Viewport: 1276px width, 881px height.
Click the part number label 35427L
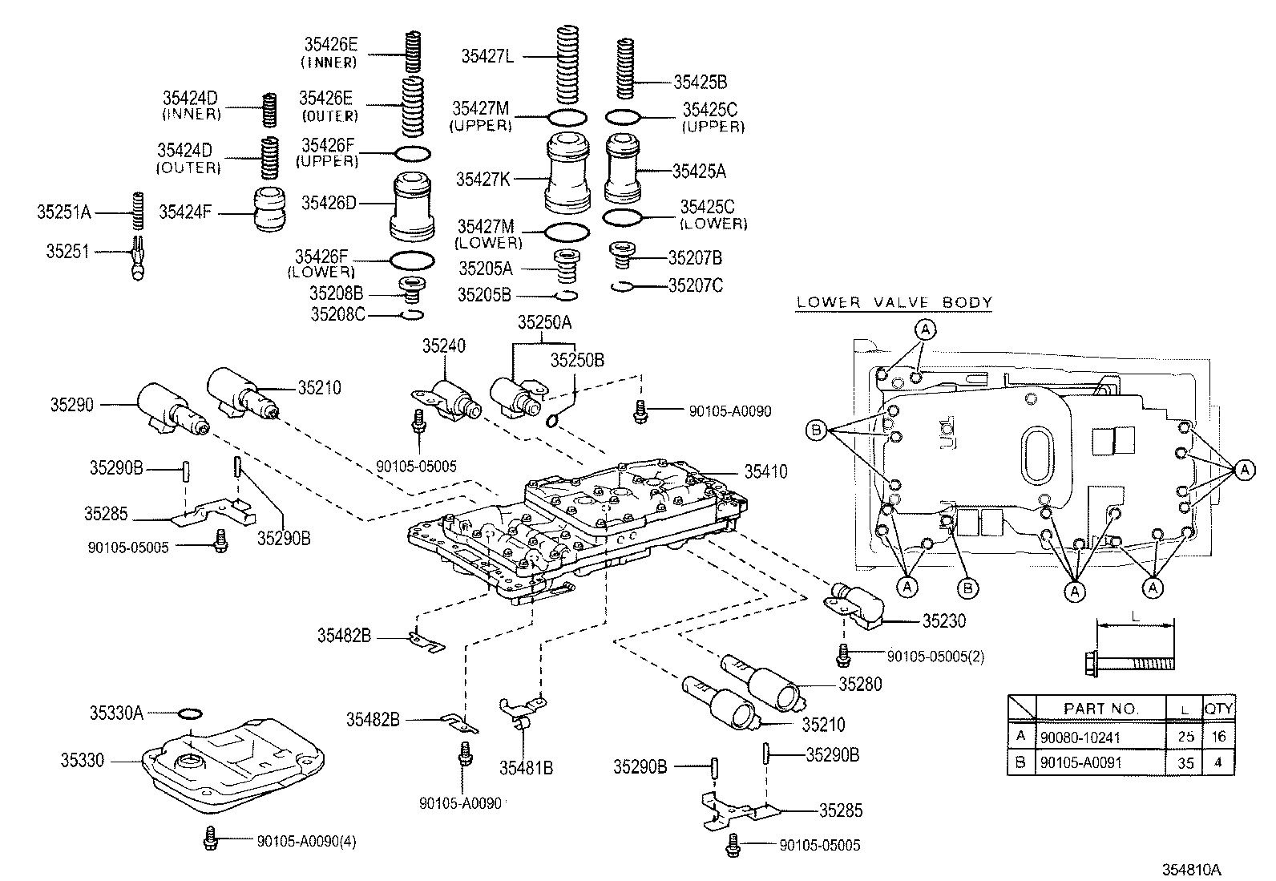(487, 56)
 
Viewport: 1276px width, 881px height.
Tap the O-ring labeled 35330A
(190, 713)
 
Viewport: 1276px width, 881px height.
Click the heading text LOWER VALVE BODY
(894, 302)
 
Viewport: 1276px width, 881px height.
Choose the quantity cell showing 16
(1218, 737)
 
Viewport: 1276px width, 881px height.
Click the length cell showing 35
(1185, 762)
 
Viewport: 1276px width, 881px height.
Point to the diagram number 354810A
(1192, 870)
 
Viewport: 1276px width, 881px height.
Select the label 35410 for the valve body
(765, 471)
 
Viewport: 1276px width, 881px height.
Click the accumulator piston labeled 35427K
(567, 172)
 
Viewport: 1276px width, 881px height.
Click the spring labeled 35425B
(625, 68)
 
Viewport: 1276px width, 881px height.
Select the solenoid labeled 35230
(854, 605)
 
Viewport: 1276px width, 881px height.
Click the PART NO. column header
(1100, 709)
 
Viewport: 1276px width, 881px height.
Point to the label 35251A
(64, 212)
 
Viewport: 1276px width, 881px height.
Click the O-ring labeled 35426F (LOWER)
(413, 261)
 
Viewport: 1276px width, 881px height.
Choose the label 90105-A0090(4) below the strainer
(306, 841)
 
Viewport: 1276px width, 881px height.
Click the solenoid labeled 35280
(763, 683)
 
